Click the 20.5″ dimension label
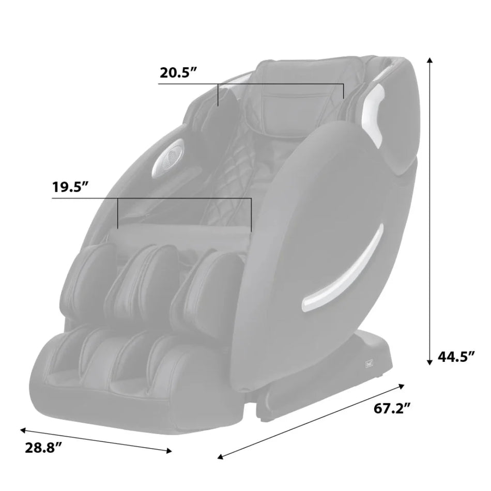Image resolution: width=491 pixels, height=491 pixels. coord(178,72)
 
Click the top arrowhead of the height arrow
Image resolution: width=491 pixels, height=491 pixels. coord(429,61)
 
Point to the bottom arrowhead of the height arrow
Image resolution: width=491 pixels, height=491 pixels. coord(429,363)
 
